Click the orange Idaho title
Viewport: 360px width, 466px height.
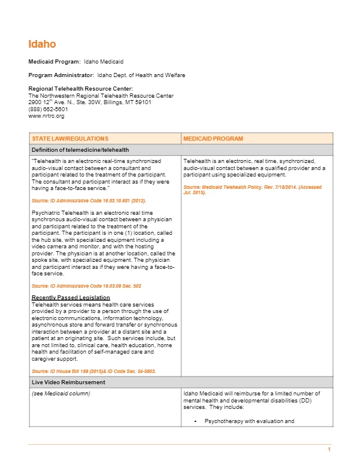click(42, 44)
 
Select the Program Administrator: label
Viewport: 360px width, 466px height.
click(61, 75)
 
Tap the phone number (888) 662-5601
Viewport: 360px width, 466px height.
click(48, 109)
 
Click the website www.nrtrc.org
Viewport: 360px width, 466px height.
click(46, 116)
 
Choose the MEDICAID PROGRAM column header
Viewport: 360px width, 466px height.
click(205, 139)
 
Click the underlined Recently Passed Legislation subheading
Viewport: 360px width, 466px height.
click(70, 298)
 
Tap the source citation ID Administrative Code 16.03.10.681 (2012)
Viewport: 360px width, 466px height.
click(88, 201)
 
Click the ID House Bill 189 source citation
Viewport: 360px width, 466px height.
click(93, 371)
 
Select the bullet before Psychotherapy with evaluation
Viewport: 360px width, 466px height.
click(194, 421)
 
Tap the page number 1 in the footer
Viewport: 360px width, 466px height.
click(329, 450)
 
